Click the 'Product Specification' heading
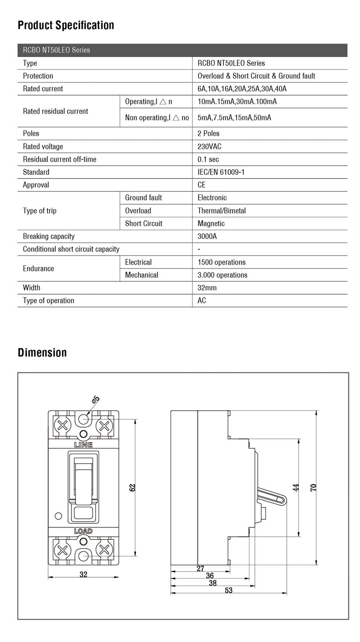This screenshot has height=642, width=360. click(66, 25)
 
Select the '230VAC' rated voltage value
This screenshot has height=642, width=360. click(209, 146)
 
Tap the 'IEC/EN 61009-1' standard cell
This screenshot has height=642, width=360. click(221, 172)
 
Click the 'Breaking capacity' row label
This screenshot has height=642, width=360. click(49, 236)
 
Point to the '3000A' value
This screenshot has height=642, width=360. click(207, 236)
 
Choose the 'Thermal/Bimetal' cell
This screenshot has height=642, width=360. click(221, 211)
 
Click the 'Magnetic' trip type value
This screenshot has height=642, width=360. click(211, 223)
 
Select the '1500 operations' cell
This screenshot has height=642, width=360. click(221, 262)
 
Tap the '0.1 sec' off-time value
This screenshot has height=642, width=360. click(208, 159)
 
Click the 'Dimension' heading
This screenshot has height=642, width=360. click(42, 353)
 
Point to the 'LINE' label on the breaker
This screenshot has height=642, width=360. click(83, 445)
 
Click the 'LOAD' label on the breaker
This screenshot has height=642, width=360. click(83, 531)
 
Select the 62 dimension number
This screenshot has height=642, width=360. click(132, 488)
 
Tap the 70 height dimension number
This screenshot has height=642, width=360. click(313, 488)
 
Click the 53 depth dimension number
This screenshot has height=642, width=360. click(229, 590)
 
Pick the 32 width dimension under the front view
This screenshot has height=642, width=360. click(83, 575)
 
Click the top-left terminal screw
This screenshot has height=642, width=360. click(62, 426)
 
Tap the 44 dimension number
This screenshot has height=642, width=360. click(296, 488)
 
